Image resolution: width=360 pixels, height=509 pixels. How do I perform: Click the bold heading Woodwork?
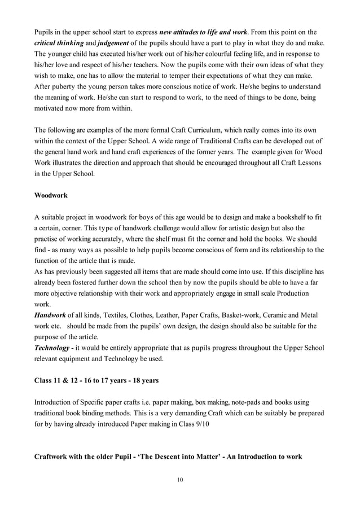pos(51,195)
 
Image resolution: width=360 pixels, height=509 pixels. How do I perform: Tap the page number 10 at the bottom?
pos(179,480)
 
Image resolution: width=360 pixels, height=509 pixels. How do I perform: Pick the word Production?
pos(290,294)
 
